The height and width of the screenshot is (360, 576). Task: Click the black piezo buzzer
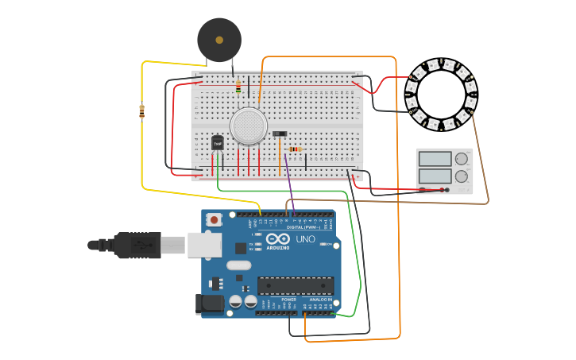pyautogui.click(x=219, y=38)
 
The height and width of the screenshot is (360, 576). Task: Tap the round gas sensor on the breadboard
pyautogui.click(x=249, y=126)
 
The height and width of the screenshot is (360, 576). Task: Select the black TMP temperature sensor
pyautogui.click(x=217, y=142)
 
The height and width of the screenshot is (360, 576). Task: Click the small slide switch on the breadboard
pyautogui.click(x=280, y=134)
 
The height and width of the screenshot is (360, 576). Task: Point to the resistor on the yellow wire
pyautogui.click(x=142, y=111)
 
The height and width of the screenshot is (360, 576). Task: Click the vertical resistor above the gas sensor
pyautogui.click(x=238, y=86)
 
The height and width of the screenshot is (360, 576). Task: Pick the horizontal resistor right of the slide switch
pyautogui.click(x=296, y=149)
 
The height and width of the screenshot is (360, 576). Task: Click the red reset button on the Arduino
pyautogui.click(x=214, y=219)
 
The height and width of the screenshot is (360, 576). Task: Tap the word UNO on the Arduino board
pyautogui.click(x=306, y=239)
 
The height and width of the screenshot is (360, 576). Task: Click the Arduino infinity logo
pyautogui.click(x=278, y=238)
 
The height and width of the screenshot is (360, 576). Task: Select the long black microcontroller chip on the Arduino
pyautogui.click(x=295, y=285)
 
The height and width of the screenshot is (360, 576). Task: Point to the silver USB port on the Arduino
pyautogui.click(x=204, y=245)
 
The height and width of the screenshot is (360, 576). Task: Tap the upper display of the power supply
pyautogui.click(x=435, y=159)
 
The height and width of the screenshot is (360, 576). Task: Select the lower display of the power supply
pyautogui.click(x=435, y=176)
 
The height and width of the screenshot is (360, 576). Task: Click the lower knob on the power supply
pyautogui.click(x=462, y=176)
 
